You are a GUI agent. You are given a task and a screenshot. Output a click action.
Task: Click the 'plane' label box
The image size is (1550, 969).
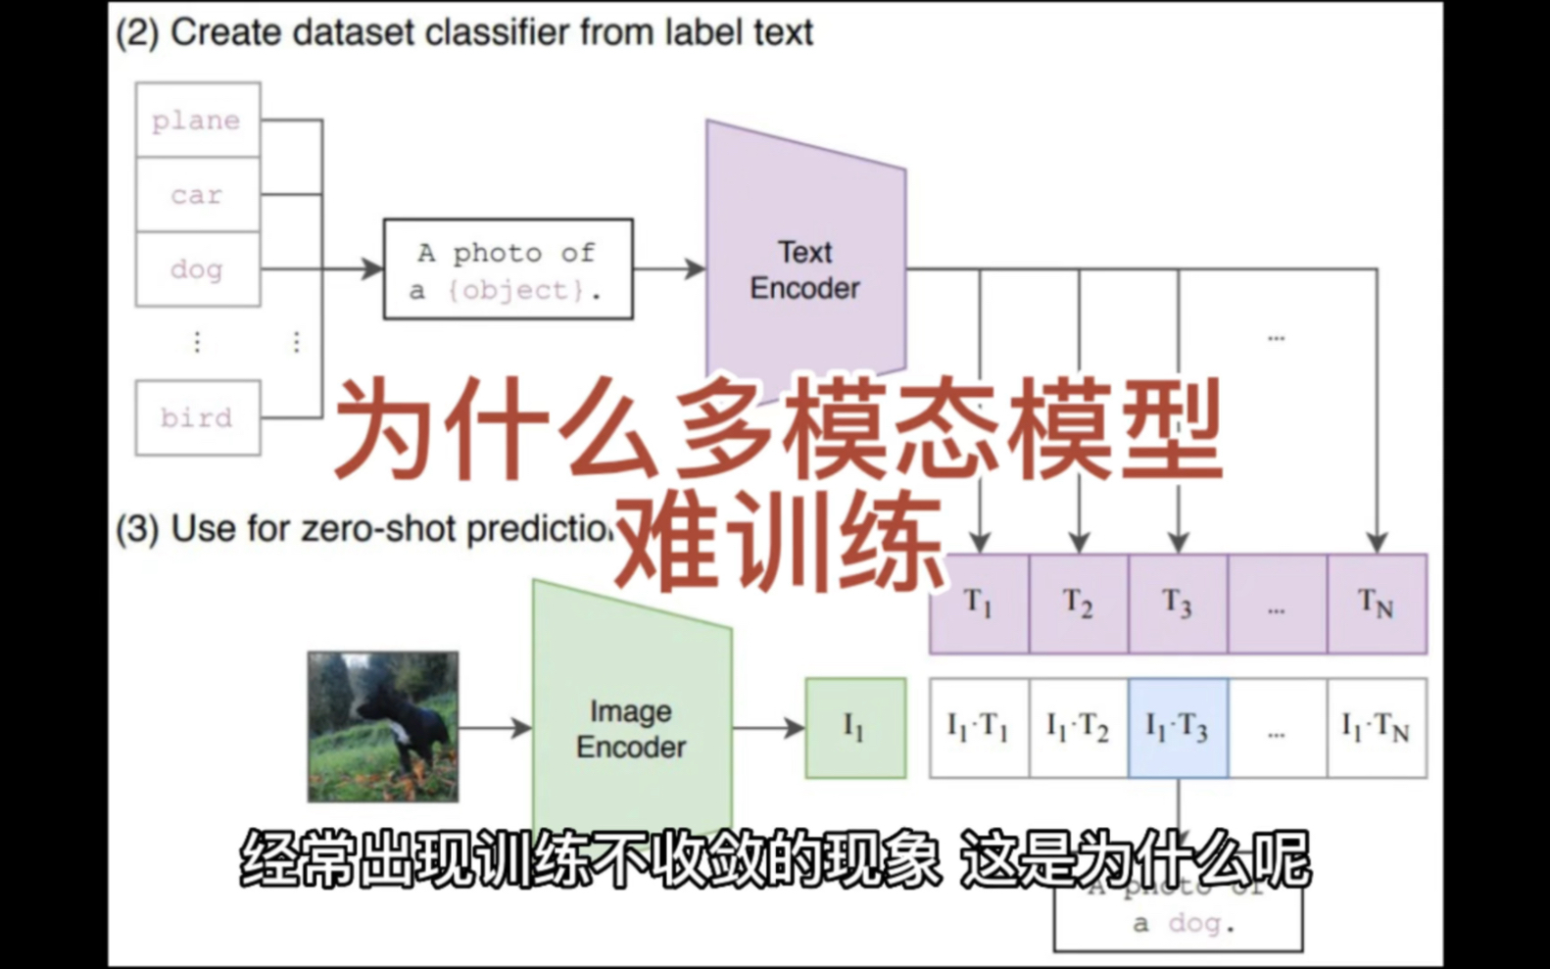click(x=198, y=120)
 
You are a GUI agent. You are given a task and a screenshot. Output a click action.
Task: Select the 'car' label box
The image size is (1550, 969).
click(x=198, y=195)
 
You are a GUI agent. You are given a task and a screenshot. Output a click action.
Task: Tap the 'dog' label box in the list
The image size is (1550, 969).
click(x=198, y=269)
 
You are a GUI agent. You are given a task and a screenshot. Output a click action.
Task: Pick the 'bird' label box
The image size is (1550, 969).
click(x=198, y=417)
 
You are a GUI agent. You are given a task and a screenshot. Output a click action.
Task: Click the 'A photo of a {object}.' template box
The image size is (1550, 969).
click(x=508, y=269)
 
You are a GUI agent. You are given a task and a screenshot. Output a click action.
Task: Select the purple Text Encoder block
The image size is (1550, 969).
click(x=804, y=268)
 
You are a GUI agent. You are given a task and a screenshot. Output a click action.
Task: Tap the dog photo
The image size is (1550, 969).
click(x=382, y=726)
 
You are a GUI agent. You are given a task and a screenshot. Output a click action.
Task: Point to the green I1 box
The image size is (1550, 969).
click(x=855, y=727)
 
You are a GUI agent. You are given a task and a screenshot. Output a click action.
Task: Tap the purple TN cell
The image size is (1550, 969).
click(x=1377, y=604)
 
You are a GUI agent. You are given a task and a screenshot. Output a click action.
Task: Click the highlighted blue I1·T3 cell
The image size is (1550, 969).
click(x=1178, y=727)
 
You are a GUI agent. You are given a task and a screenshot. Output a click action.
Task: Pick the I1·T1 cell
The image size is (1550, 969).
click(x=979, y=727)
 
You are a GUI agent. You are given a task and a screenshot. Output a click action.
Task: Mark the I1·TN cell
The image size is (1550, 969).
click(x=1377, y=727)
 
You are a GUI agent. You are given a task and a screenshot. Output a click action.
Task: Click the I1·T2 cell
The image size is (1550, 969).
click(x=1079, y=727)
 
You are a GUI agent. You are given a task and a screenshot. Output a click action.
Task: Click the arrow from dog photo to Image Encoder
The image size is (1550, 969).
click(x=495, y=727)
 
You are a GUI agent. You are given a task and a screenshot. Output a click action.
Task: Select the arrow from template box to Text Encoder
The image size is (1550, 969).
click(x=669, y=268)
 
